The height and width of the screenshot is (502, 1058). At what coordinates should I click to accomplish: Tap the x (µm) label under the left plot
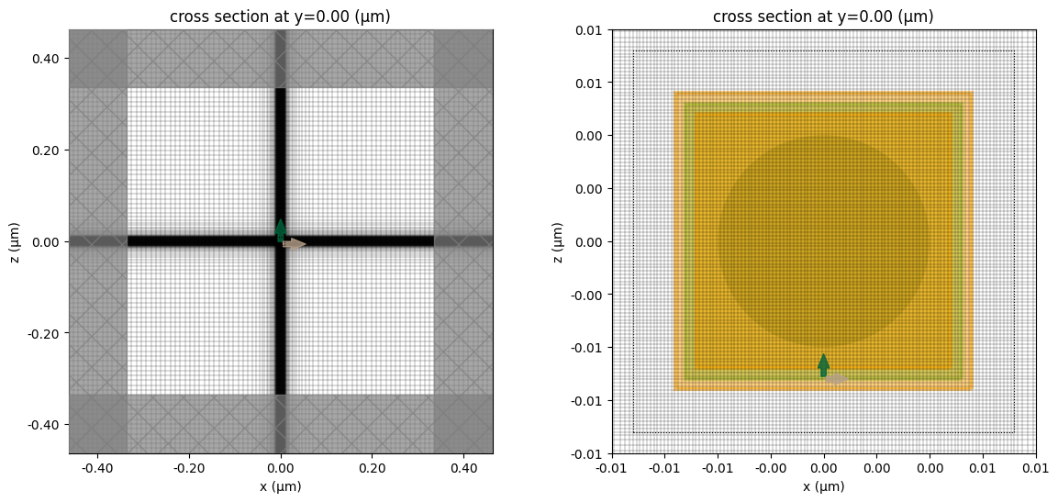[281, 486]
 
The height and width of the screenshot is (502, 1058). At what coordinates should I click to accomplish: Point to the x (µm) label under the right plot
[823, 486]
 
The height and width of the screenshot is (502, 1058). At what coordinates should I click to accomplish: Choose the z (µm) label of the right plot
[559, 241]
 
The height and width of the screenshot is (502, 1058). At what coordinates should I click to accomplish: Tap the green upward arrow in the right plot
[823, 364]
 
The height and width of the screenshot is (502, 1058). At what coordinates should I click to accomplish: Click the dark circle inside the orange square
[823, 241]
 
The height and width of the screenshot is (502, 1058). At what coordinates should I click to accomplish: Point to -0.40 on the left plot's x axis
[95, 466]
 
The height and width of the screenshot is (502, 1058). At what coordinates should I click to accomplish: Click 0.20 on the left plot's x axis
[372, 466]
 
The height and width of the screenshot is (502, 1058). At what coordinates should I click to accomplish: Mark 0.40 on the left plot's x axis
[463, 466]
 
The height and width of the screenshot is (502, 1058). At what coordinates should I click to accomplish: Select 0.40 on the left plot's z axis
[48, 59]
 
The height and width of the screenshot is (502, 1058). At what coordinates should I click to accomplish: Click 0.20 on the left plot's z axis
[48, 151]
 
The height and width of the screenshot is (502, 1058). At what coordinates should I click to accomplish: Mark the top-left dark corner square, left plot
[98, 59]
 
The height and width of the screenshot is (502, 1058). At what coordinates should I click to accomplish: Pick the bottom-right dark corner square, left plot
[463, 424]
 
